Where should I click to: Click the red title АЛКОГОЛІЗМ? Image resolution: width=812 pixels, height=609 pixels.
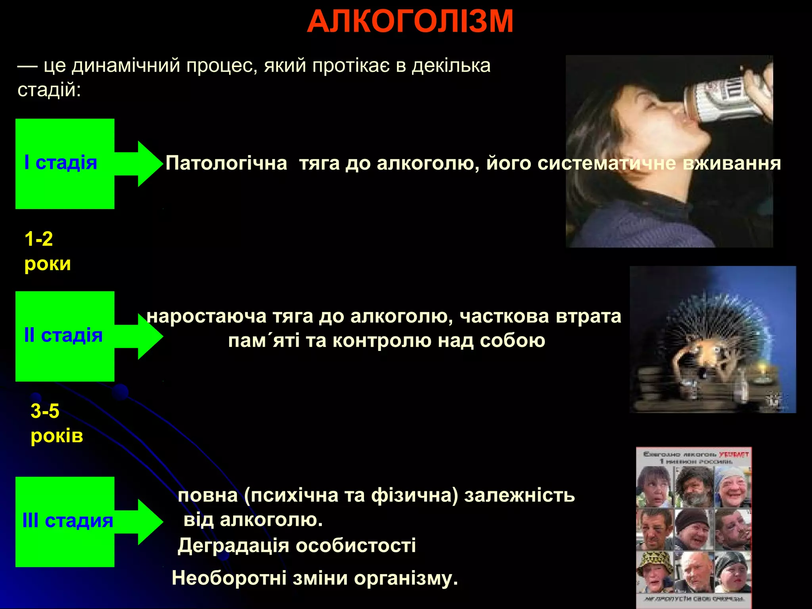pos(410,21)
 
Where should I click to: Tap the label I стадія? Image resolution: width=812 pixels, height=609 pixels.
pos(61,163)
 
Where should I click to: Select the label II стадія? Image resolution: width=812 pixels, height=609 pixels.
pos(63,335)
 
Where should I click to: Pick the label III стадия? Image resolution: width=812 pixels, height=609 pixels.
pos(67,521)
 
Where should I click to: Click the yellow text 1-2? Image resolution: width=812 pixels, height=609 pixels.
pos(38,239)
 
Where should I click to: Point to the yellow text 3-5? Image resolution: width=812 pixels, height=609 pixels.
pos(45,411)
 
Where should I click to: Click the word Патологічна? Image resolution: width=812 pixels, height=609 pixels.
pos(226,163)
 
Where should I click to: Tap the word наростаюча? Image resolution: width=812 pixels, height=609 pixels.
pos(207,316)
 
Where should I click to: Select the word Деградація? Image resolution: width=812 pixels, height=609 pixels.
pos(233,546)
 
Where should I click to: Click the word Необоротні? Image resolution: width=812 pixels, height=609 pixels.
pos(229,578)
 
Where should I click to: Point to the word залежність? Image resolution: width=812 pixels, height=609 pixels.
pos(519,496)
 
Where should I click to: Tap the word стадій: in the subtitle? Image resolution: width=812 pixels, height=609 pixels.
pos(49,90)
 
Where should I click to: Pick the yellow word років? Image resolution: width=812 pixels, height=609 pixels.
pos(57,436)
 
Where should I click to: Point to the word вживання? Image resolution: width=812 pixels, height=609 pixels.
pos(732,163)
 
